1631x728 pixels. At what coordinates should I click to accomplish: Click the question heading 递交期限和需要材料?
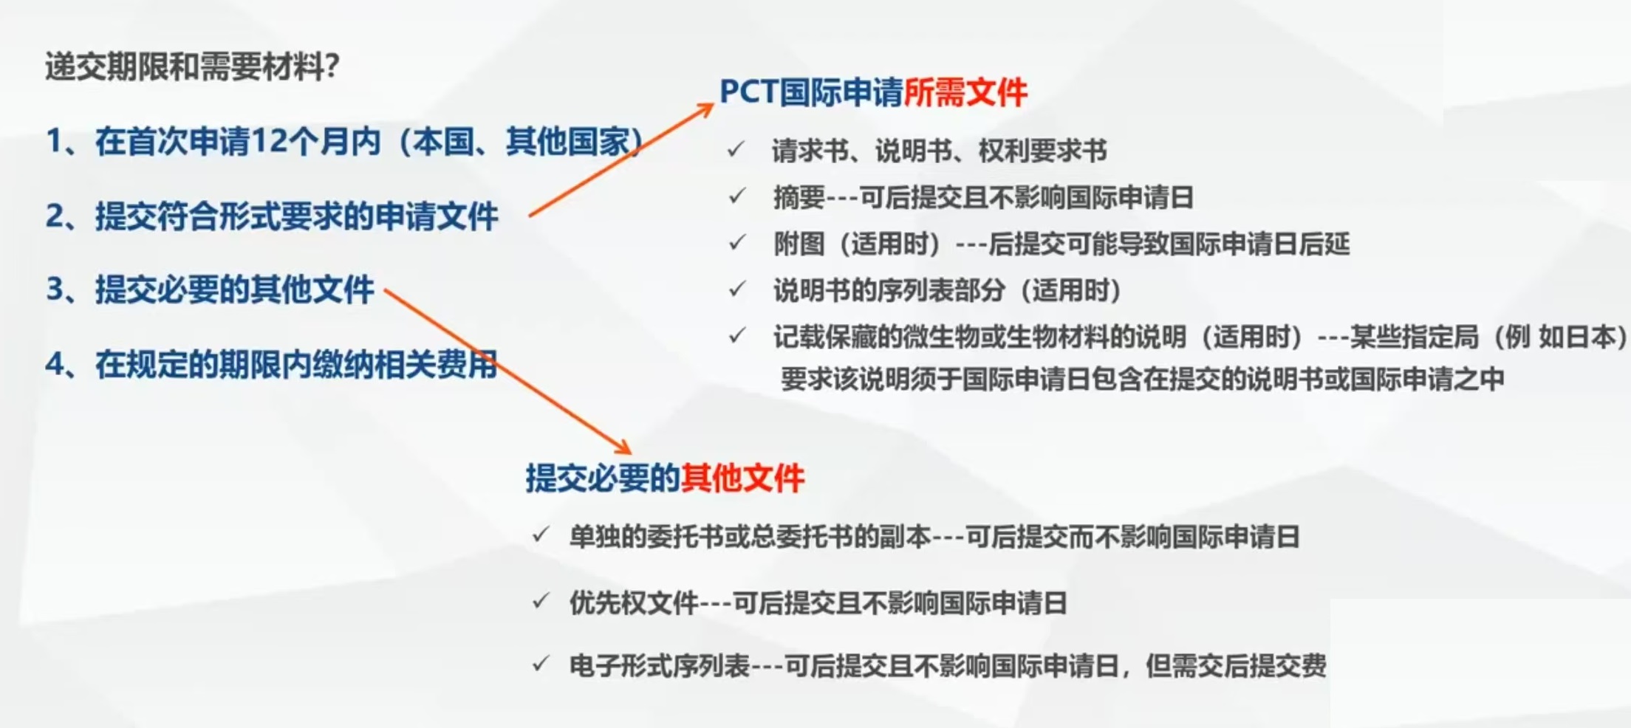(192, 66)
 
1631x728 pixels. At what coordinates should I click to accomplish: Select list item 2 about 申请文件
(272, 216)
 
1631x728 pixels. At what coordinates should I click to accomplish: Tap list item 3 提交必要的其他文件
(210, 289)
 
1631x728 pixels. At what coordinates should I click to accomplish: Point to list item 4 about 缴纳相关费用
(272, 365)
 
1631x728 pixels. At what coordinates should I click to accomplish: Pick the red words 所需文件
(965, 92)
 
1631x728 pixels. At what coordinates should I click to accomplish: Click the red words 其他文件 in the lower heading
(742, 478)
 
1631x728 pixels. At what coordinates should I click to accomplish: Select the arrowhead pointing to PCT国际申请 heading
(704, 110)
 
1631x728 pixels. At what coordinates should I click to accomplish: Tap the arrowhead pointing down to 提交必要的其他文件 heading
(621, 446)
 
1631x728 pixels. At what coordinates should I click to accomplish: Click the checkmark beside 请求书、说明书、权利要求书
(736, 150)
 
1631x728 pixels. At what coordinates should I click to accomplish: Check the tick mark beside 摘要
(737, 196)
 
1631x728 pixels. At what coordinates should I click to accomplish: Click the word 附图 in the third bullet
(799, 244)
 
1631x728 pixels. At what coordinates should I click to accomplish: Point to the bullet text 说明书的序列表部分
(889, 290)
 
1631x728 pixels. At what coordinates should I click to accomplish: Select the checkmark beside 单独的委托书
(541, 535)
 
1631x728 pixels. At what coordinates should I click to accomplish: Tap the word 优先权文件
(634, 603)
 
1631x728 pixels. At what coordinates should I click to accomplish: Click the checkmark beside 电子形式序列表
(541, 664)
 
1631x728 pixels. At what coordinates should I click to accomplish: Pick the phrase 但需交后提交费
(1236, 666)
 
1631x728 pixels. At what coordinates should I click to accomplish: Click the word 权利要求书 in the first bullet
(1043, 151)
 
